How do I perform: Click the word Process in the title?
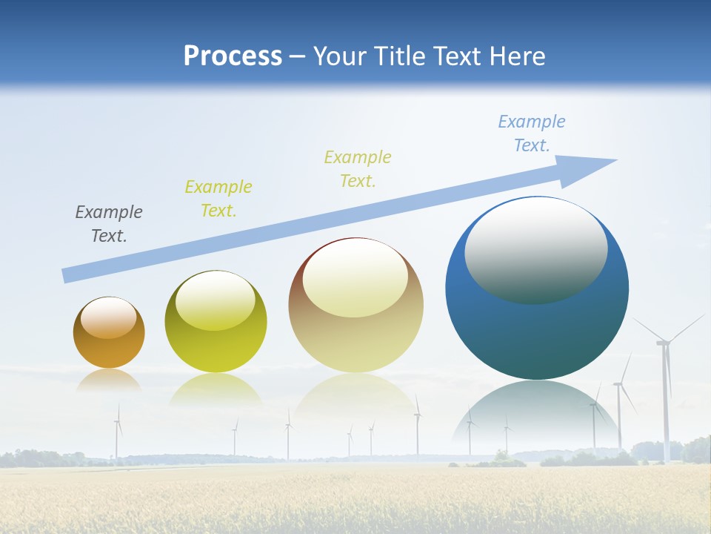point(233,56)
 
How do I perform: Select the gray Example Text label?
point(109,224)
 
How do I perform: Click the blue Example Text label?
point(531,133)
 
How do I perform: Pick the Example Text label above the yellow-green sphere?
point(218,199)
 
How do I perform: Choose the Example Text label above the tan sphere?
point(358,169)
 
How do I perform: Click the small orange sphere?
point(109,345)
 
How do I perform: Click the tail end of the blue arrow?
point(67,276)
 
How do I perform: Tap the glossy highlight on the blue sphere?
point(535,250)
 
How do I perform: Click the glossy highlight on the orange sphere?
point(109,317)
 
